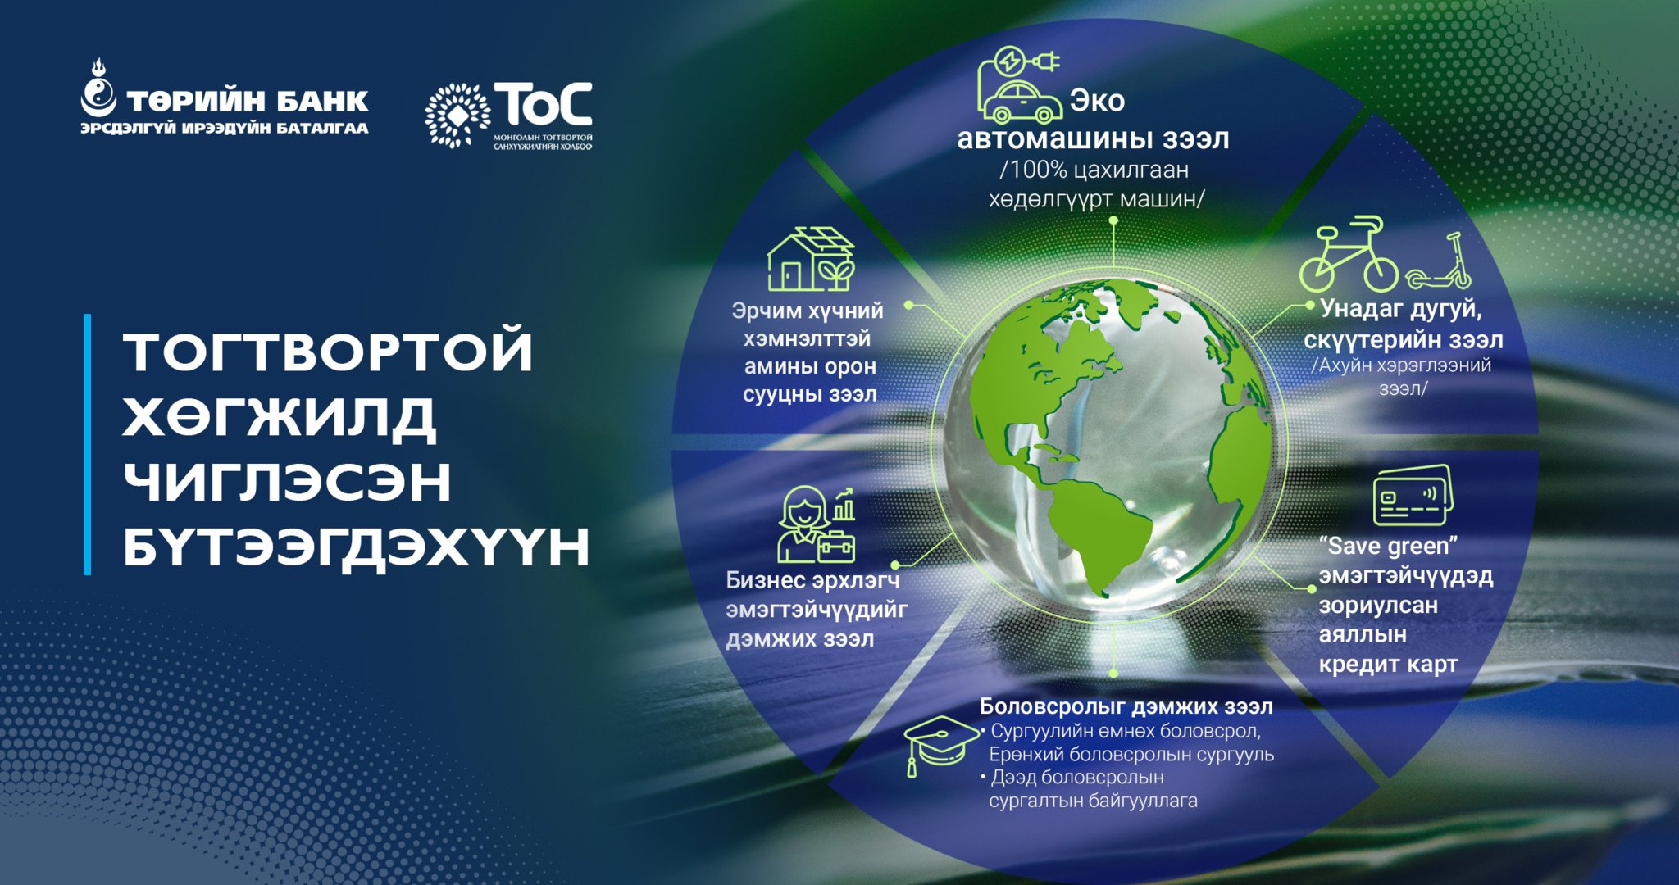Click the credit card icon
1412,494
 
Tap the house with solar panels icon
811,259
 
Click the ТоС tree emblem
457,116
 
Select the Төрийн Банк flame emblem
98,89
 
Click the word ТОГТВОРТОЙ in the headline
329,351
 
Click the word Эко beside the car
1097,101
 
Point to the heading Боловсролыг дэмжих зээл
1126,706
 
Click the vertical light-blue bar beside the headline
88,444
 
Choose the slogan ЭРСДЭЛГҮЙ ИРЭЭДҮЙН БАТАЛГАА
225,129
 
